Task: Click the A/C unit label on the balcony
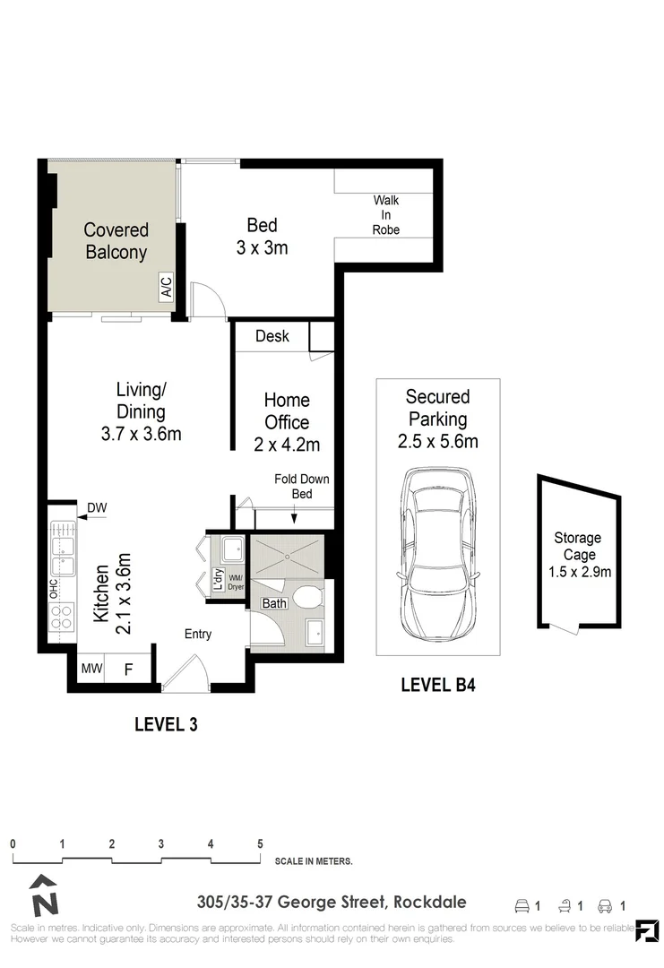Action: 166,288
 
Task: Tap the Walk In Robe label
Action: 386,215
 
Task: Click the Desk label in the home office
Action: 272,336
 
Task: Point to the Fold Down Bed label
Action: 301,486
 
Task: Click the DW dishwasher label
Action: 97,509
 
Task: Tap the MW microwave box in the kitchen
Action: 91,669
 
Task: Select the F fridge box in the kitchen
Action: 128,669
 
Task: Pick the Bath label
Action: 274,603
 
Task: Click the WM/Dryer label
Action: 236,582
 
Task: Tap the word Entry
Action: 198,634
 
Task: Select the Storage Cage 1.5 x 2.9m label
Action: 577,554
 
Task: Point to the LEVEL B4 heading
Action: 437,686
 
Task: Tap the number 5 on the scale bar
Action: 260,843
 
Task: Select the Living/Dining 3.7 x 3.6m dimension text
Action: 142,412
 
